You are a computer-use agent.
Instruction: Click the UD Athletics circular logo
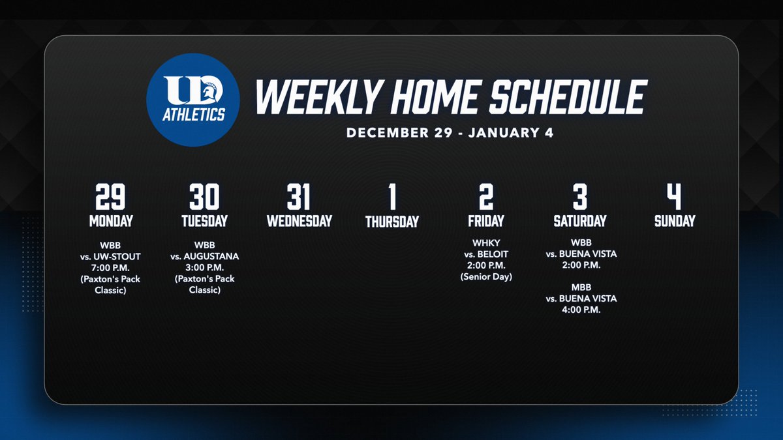(192, 100)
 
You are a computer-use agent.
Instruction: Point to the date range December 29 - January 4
(451, 132)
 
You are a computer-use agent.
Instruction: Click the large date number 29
(110, 197)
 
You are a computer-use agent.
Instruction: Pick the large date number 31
(298, 197)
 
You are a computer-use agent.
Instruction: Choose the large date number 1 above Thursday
(391, 197)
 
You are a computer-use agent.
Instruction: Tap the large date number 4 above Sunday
(675, 197)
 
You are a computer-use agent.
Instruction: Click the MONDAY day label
(110, 221)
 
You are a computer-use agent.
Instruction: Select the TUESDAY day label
(204, 221)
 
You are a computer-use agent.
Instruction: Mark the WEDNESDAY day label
(299, 221)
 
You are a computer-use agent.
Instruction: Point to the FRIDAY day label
(485, 221)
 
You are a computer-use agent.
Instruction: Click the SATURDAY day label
(580, 221)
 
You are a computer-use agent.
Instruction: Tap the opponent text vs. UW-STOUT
(110, 257)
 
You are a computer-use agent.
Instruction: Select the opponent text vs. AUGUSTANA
(204, 257)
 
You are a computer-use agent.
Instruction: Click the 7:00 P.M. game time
(110, 268)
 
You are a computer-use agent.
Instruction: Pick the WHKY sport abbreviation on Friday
(485, 243)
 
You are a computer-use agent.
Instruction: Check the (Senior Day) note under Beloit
(485, 276)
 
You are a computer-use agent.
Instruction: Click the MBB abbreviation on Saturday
(581, 287)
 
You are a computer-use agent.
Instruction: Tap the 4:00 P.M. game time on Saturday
(581, 310)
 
